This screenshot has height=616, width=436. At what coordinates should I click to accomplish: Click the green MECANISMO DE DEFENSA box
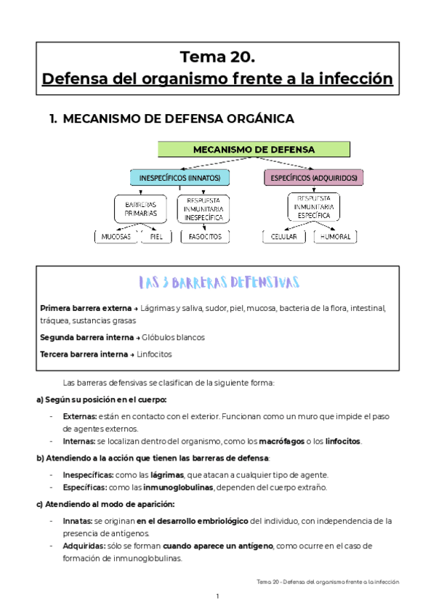click(x=254, y=150)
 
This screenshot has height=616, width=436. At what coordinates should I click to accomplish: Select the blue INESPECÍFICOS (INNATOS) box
click(x=179, y=177)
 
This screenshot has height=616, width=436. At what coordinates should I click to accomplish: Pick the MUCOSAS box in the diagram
click(x=116, y=237)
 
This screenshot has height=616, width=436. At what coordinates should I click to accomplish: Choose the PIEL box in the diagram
click(x=156, y=237)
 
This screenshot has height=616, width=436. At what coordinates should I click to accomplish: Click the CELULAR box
click(x=284, y=237)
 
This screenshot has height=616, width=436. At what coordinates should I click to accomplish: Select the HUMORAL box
click(x=335, y=237)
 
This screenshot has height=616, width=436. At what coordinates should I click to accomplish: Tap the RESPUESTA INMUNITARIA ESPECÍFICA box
click(x=313, y=206)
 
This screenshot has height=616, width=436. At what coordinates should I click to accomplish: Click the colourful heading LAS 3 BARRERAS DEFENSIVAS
click(x=217, y=282)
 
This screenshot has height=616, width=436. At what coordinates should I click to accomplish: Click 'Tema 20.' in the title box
click(x=217, y=57)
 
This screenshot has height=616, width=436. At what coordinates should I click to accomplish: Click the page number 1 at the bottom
click(x=217, y=596)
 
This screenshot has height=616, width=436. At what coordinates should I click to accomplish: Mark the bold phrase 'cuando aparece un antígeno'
click(x=218, y=546)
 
